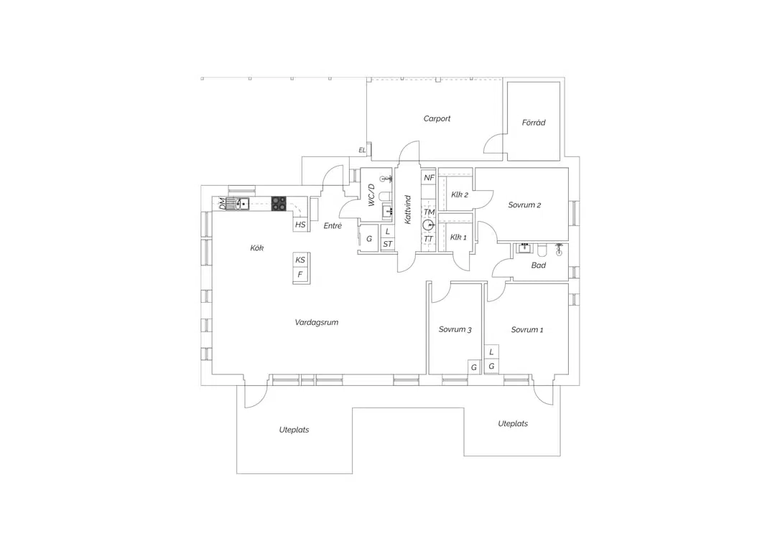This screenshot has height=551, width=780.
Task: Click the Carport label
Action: (437, 119)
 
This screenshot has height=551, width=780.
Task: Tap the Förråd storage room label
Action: (534, 122)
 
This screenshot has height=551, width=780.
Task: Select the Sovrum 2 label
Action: (524, 204)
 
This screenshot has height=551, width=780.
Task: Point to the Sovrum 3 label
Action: (455, 329)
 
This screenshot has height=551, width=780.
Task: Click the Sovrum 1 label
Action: (527, 329)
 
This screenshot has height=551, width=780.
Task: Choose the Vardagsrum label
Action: (316, 322)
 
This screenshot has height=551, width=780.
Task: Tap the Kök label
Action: (256, 248)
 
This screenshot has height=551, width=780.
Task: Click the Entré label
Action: (333, 225)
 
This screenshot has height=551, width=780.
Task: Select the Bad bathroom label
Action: (538, 265)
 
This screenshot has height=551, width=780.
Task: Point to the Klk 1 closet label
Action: (459, 237)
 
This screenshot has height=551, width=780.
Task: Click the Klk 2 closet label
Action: (460, 194)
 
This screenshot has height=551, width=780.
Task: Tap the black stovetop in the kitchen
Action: (279, 204)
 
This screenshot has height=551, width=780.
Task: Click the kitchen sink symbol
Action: (237, 204)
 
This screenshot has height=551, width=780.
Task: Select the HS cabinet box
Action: (300, 225)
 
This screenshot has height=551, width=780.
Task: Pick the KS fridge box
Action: (300, 260)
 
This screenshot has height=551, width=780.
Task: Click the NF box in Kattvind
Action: (429, 178)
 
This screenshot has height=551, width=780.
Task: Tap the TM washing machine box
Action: (429, 212)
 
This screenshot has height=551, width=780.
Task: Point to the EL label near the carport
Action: (362, 150)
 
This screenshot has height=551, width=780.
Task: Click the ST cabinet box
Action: (388, 244)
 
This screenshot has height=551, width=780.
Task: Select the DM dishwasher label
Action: (221, 203)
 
